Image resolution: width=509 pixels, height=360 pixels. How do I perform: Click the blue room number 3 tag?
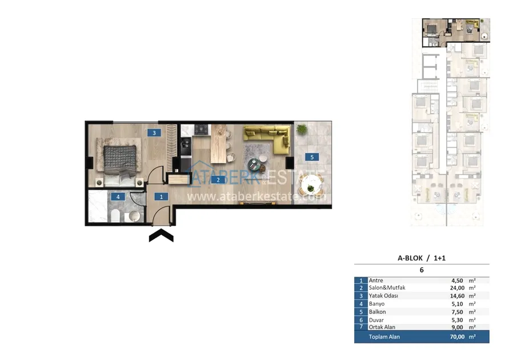[154, 133]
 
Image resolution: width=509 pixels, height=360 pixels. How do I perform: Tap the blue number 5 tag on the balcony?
[312, 157]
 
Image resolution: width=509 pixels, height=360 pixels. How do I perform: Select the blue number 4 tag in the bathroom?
[118, 197]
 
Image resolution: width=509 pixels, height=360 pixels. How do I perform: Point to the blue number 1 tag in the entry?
[161, 197]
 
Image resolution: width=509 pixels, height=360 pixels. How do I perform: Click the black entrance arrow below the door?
[161, 235]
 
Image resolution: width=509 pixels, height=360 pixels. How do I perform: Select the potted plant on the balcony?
[302, 129]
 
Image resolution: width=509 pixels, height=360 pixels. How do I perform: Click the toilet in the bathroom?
[115, 215]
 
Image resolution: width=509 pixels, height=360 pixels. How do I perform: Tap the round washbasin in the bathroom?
[134, 216]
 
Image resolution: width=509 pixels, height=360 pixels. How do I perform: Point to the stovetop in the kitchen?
[201, 130]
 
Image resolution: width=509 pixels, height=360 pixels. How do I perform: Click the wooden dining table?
[219, 144]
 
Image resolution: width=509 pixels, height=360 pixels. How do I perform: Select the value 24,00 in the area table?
[457, 288]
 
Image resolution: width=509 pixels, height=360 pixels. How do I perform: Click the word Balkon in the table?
[377, 311]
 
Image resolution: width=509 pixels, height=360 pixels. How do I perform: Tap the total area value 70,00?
[457, 337]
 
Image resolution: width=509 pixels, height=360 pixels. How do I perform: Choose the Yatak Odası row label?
[383, 296]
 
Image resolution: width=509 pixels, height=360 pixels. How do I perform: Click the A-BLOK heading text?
[410, 258]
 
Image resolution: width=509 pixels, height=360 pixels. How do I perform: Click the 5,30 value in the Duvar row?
[457, 320]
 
